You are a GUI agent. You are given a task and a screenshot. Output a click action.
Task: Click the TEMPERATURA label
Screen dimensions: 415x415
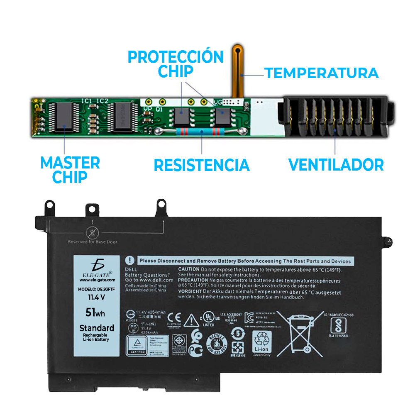pyautogui.click(x=322, y=73)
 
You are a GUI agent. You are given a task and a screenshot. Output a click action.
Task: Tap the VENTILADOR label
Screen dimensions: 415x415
pyautogui.click(x=336, y=164)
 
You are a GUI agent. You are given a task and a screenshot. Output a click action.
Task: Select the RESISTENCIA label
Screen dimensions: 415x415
pyautogui.click(x=202, y=165)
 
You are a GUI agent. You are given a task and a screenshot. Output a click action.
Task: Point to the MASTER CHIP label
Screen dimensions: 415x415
pyautogui.click(x=70, y=169)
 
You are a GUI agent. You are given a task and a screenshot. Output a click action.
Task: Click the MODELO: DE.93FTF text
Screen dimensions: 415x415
pyautogui.click(x=95, y=290)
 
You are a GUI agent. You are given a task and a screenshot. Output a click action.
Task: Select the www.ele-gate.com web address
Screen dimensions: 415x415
pyautogui.click(x=94, y=280)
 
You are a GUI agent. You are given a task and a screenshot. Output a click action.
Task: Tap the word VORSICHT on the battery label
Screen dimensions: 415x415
pyautogui.click(x=190, y=292)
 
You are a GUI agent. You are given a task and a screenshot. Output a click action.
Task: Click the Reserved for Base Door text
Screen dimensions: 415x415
pyautogui.click(x=93, y=242)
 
